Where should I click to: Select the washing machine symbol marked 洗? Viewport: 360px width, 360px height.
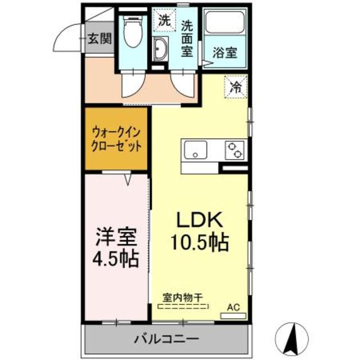click(x=164, y=21)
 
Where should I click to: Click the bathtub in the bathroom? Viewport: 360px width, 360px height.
click(x=224, y=23)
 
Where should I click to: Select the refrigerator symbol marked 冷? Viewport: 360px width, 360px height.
click(x=236, y=87)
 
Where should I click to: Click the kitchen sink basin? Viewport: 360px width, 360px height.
click(x=195, y=150)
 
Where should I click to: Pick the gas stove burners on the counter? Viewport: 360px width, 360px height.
click(x=235, y=150)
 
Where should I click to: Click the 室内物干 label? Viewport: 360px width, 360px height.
click(x=183, y=298)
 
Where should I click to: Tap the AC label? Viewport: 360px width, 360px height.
click(x=232, y=307)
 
